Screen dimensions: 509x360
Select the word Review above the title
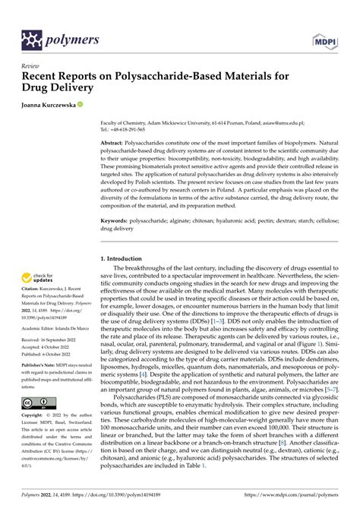coord(32,67)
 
